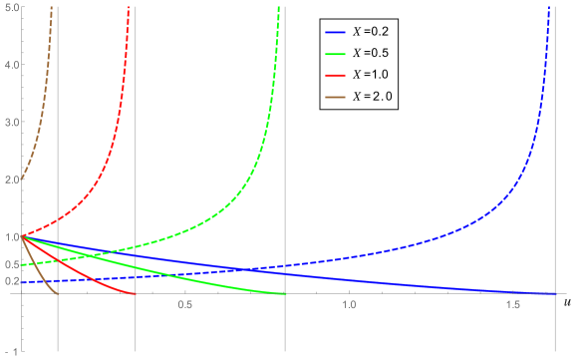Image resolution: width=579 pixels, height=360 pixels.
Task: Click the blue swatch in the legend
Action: tap(335, 32)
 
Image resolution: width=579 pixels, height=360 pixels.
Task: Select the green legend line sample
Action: tap(335, 54)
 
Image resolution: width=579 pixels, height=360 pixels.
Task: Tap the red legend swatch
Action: tap(335, 76)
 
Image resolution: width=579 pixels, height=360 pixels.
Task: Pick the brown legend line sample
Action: tap(335, 97)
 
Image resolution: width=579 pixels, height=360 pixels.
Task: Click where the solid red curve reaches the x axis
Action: tap(135, 293)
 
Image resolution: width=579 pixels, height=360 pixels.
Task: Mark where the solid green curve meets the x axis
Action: tap(284, 293)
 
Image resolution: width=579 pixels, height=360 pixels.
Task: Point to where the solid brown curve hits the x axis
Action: tap(58, 293)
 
